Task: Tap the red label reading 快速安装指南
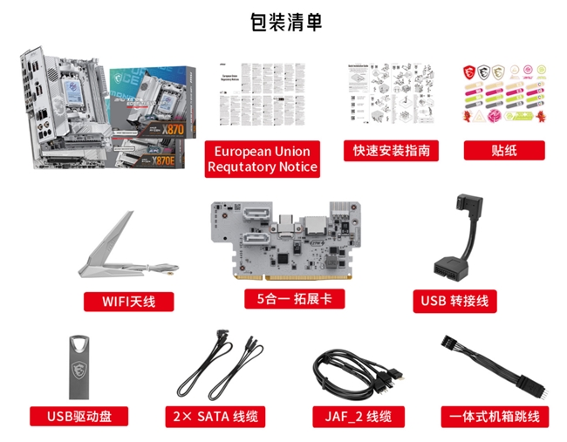pos(392,150)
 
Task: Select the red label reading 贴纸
pos(503,150)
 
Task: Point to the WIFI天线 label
pos(128,302)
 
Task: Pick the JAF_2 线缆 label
pos(359,417)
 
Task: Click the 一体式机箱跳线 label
pos(495,417)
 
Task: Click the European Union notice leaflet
pos(263,97)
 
